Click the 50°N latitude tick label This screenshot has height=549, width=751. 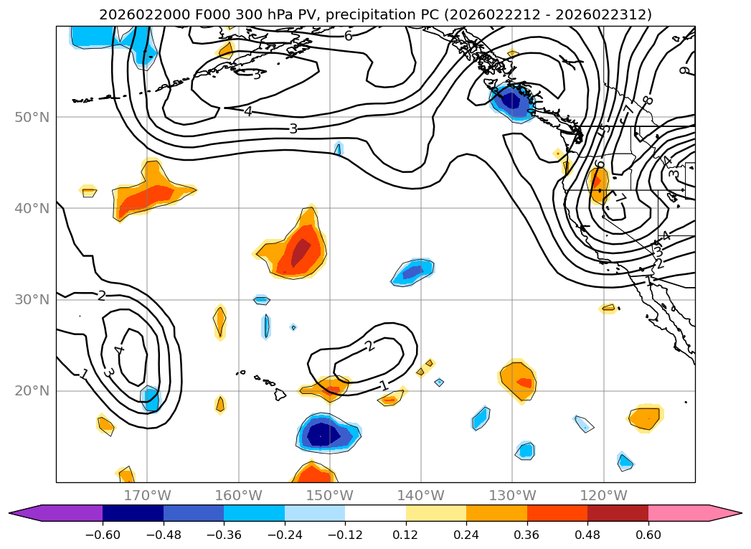pos(32,117)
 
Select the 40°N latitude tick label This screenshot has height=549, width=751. pos(32,208)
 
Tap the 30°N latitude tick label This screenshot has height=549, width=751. pos(32,299)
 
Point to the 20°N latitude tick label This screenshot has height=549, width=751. pos(32,390)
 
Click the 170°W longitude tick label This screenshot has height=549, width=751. pos(147,495)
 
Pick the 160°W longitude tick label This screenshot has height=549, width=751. pos(238,495)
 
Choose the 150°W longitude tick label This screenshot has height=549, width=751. pos(329,495)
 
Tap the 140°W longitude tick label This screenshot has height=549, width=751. pos(420,495)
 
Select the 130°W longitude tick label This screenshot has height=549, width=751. pos(512,495)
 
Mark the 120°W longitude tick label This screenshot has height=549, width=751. pos(603,495)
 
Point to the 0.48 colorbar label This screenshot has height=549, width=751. pos(587,535)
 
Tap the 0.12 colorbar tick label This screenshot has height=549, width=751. pos(406,535)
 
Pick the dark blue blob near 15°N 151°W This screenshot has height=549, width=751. pos(322,433)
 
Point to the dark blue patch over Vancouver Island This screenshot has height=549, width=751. pos(511,100)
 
